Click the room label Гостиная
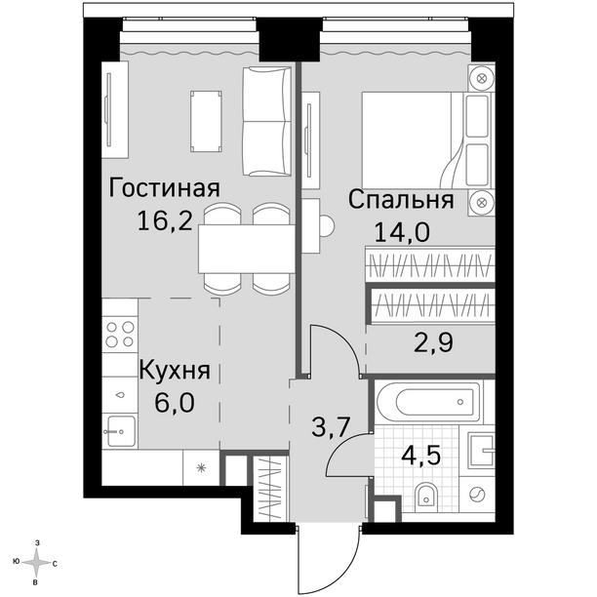pyautogui.click(x=165, y=188)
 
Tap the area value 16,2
pyautogui.click(x=165, y=220)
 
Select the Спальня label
pyautogui.click(x=401, y=200)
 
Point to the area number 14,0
pyautogui.click(x=402, y=232)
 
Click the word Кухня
pyautogui.click(x=175, y=370)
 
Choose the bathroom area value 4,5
pyautogui.click(x=421, y=455)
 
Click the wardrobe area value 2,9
pyautogui.click(x=434, y=342)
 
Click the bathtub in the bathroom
pyautogui.click(x=429, y=402)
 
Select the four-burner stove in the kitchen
pyautogui.click(x=120, y=335)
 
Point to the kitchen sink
pyautogui.click(x=121, y=431)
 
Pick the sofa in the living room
pyautogui.click(x=266, y=121)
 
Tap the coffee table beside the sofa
pyautogui.click(x=206, y=122)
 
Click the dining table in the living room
pyautogui.click(x=247, y=249)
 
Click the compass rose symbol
pyautogui.click(x=36, y=563)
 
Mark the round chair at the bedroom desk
pyautogui.click(x=327, y=226)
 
